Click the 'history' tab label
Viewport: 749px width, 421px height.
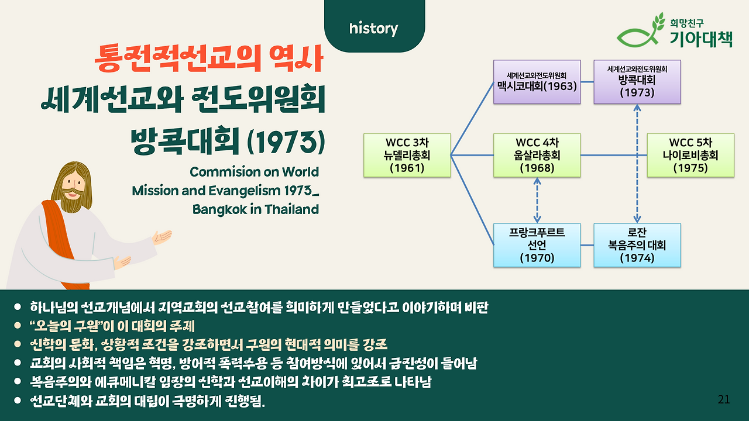pos(373,29)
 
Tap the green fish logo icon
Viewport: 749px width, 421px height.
pos(640,32)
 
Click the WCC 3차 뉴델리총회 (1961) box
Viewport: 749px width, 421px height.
pos(407,156)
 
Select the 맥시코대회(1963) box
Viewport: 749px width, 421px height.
pos(537,82)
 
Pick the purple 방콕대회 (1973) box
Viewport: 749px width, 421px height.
pos(637,82)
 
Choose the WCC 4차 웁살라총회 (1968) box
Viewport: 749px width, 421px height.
pos(537,156)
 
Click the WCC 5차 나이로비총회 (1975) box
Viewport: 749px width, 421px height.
pos(690,156)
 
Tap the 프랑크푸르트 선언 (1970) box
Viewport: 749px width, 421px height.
pos(537,245)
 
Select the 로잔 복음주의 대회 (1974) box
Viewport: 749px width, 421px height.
pos(637,245)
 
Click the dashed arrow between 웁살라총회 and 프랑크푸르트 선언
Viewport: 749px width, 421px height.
pos(537,201)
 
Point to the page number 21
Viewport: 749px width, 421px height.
pos(724,399)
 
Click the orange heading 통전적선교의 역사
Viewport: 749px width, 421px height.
pos(209,58)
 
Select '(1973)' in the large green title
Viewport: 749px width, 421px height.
pos(286,142)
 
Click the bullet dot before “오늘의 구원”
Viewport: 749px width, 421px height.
pos(18,326)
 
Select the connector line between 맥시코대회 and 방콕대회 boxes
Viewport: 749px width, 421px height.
pos(587,82)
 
